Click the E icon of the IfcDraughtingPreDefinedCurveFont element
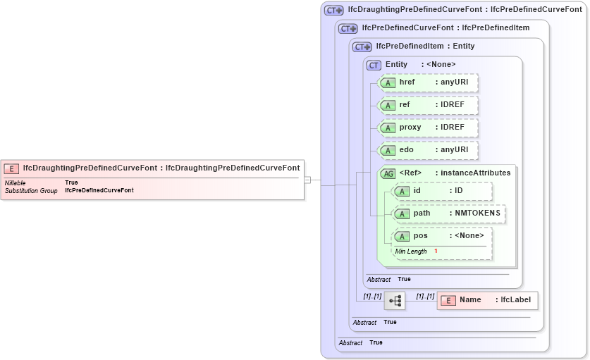point(11,168)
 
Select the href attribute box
point(429,82)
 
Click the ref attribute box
point(429,105)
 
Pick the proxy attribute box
point(429,128)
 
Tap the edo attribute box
point(429,150)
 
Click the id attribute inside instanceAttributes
point(443,191)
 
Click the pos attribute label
point(421,236)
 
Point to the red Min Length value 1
point(436,252)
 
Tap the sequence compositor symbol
point(395,301)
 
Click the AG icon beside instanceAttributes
point(388,173)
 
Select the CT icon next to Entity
point(374,65)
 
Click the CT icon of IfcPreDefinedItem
point(362,46)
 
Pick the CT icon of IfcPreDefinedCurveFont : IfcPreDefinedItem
point(348,28)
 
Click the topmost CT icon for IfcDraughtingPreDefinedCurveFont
point(333,10)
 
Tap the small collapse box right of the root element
point(307,180)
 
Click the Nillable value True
point(71,182)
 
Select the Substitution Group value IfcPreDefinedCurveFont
point(99,190)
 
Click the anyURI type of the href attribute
point(455,82)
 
